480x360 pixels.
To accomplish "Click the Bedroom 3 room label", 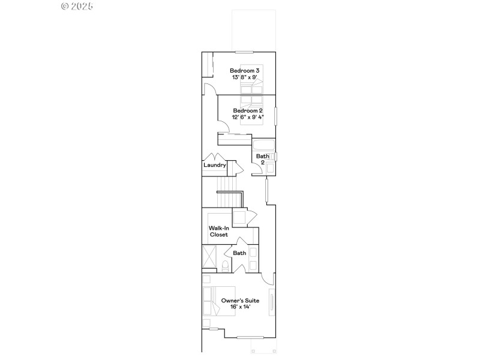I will [245, 71].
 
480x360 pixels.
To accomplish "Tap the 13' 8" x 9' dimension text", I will [245, 77].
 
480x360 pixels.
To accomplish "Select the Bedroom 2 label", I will [248, 111].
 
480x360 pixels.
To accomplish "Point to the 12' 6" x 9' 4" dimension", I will [248, 118].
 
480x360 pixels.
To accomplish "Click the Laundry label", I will [214, 165].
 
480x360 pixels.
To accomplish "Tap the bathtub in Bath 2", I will [263, 145].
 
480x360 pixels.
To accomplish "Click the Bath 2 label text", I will [262, 159].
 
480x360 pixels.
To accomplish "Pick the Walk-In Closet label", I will [218, 232].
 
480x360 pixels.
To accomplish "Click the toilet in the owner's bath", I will [225, 266].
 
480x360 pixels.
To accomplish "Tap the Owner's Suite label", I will [239, 300].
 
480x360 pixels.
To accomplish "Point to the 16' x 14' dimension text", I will [239, 307].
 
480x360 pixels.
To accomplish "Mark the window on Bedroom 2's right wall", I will [275, 115].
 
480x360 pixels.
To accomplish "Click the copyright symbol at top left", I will [65, 6].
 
